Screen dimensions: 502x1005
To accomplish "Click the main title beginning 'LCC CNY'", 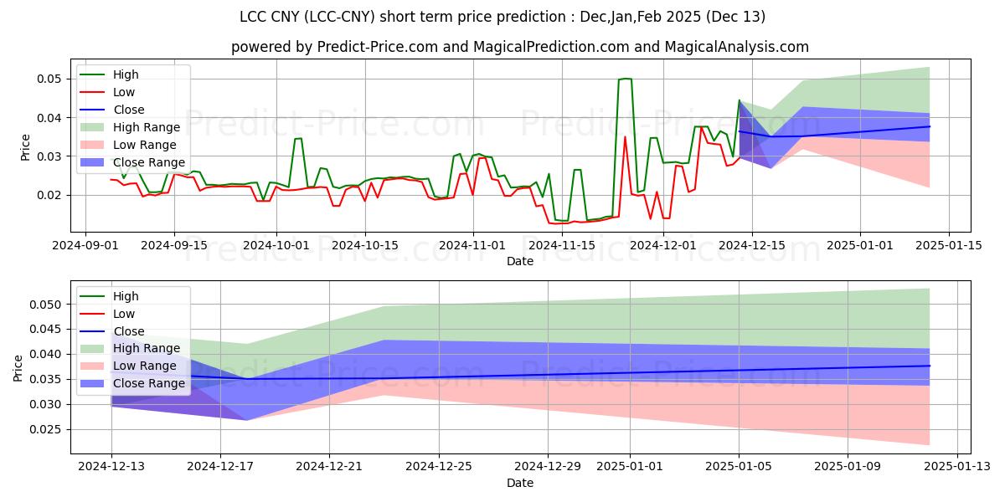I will [x=502, y=17].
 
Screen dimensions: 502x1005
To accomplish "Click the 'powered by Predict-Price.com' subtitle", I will [x=519, y=47].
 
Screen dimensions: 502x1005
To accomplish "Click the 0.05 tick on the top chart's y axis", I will [x=49, y=79].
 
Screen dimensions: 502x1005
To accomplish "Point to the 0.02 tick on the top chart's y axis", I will [x=49, y=195].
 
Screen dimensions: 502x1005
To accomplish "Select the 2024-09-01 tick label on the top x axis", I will [x=85, y=245].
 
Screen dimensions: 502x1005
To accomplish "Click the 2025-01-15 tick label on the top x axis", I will [x=948, y=245].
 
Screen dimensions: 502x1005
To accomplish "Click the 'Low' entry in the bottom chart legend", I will [x=125, y=314].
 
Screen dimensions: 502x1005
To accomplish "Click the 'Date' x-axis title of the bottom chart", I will [x=519, y=484].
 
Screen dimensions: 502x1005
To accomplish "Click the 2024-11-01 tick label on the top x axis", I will [x=473, y=245].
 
